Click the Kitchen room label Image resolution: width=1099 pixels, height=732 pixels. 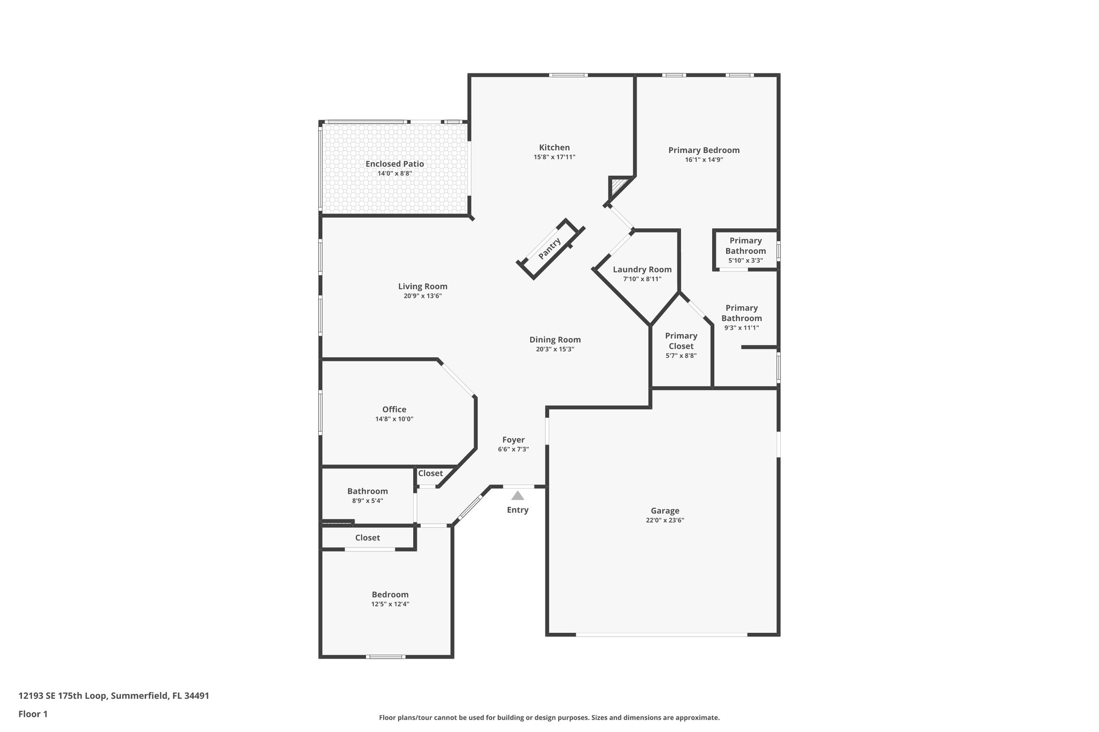pyautogui.click(x=554, y=147)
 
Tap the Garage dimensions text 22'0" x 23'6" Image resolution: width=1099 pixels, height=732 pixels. pyautogui.click(x=665, y=520)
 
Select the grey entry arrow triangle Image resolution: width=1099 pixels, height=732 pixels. pyautogui.click(x=517, y=496)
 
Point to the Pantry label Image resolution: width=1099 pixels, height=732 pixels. pyautogui.click(x=549, y=249)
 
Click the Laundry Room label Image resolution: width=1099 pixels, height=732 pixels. pyautogui.click(x=642, y=270)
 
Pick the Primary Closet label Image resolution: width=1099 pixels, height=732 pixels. pyautogui.click(x=681, y=341)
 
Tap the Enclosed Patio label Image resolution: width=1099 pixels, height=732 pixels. pyautogui.click(x=394, y=164)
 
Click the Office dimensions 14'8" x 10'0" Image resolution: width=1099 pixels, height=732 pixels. pyautogui.click(x=394, y=419)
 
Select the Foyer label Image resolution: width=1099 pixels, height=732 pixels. pyautogui.click(x=514, y=440)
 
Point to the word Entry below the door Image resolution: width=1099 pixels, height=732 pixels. pyautogui.click(x=517, y=510)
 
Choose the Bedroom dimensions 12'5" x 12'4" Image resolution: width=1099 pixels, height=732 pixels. pyautogui.click(x=390, y=604)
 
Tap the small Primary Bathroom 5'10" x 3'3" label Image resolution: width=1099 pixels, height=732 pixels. pyautogui.click(x=745, y=250)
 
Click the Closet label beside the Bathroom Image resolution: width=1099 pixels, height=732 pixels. pyautogui.click(x=430, y=474)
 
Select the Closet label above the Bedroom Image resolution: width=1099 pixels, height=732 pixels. pyautogui.click(x=368, y=538)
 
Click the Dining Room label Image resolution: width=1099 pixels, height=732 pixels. pyautogui.click(x=555, y=339)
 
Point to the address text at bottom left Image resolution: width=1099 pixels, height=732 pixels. pyautogui.click(x=114, y=696)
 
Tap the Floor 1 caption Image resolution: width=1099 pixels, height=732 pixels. pyautogui.click(x=33, y=714)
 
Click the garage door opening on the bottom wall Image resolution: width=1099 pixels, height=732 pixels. pyautogui.click(x=661, y=635)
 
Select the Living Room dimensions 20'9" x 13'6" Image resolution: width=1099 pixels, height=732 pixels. pyautogui.click(x=423, y=296)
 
